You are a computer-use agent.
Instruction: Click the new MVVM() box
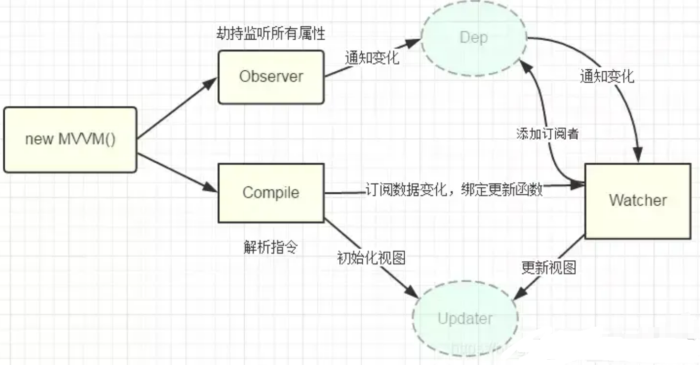[x=70, y=140]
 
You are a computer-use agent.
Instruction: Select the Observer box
[x=271, y=77]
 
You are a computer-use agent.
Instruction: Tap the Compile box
[x=271, y=193]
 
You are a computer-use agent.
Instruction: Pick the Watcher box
[x=637, y=200]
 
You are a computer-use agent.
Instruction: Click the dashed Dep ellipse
[x=473, y=37]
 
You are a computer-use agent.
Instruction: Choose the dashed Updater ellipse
[x=465, y=319]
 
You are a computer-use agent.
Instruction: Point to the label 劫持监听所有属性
[x=271, y=33]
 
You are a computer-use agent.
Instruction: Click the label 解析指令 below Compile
[x=271, y=248]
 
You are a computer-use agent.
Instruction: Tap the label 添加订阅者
[x=548, y=133]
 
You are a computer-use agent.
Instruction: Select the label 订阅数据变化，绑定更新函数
[x=454, y=189]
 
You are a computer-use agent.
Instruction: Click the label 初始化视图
[x=371, y=258]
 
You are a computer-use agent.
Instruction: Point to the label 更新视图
[x=549, y=267]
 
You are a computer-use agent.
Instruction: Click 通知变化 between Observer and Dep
[x=372, y=58]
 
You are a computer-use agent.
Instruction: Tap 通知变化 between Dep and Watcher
[x=607, y=77]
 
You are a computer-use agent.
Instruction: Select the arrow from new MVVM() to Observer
[x=177, y=108]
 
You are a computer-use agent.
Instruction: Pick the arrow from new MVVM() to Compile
[x=177, y=171]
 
